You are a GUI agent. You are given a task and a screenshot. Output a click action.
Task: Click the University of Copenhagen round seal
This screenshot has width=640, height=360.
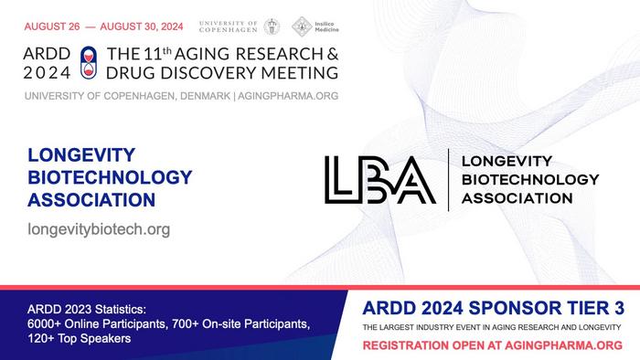(272, 26)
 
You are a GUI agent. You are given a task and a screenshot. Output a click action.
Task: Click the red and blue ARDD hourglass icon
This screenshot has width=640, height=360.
(88, 61)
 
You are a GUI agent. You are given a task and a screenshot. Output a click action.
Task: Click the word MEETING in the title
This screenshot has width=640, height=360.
(299, 71)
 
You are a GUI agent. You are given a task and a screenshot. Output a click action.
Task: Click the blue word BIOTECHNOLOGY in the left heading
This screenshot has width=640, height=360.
(110, 176)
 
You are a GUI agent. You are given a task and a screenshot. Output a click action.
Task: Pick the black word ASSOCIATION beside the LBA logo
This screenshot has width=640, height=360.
(517, 197)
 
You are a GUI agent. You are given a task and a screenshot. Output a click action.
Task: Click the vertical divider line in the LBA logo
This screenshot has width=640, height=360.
(448, 179)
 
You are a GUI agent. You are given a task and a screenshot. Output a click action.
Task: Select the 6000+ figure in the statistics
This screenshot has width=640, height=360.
(45, 323)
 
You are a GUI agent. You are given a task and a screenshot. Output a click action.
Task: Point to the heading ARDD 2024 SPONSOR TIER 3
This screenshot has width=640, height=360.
(493, 308)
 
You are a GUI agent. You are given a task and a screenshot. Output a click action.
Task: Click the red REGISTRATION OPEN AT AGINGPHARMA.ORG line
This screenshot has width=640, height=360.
(493, 345)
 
